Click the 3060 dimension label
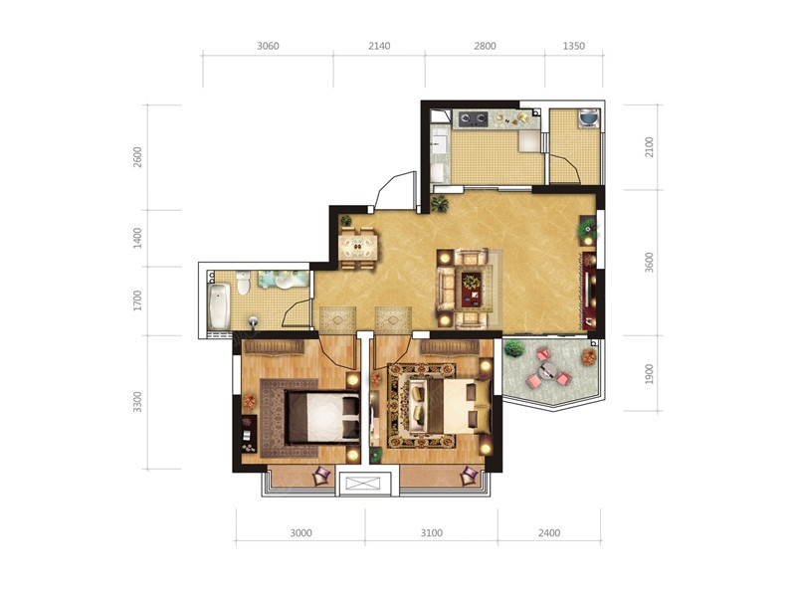click(x=268, y=46)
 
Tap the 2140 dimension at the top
click(x=379, y=46)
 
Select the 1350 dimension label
click(x=574, y=46)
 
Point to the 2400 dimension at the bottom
click(x=549, y=533)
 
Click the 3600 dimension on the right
click(x=650, y=263)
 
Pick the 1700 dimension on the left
click(x=137, y=301)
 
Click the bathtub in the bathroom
click(x=219, y=306)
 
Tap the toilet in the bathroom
click(x=243, y=283)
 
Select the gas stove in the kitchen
click(x=474, y=119)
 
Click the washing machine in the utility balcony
click(x=589, y=118)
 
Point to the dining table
click(x=358, y=248)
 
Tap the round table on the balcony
click(x=547, y=370)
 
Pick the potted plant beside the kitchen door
click(x=440, y=204)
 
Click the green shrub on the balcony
click(x=514, y=349)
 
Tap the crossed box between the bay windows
click(x=364, y=484)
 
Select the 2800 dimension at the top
click(x=485, y=46)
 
